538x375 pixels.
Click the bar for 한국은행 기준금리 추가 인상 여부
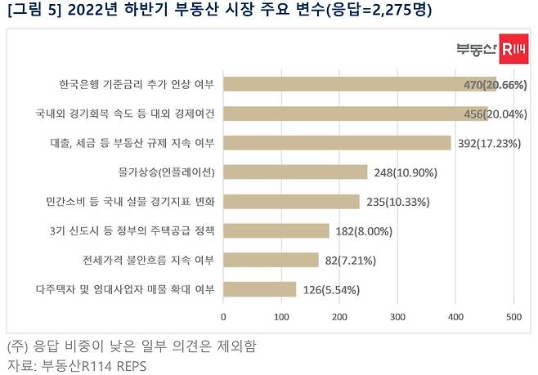tap(360, 84)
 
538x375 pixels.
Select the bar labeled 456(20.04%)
tap(356, 114)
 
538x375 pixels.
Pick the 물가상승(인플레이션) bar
tap(295, 172)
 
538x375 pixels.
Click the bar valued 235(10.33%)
tap(291, 202)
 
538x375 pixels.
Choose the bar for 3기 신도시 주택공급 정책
tap(276, 231)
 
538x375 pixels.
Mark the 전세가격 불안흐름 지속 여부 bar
tap(271, 260)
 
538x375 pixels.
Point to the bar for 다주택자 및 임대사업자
tap(259, 289)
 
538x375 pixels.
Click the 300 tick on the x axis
tap(397, 316)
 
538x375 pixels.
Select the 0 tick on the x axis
tap(223, 316)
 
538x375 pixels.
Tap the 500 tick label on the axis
tap(513, 316)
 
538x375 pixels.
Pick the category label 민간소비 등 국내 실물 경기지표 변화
tap(131, 202)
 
